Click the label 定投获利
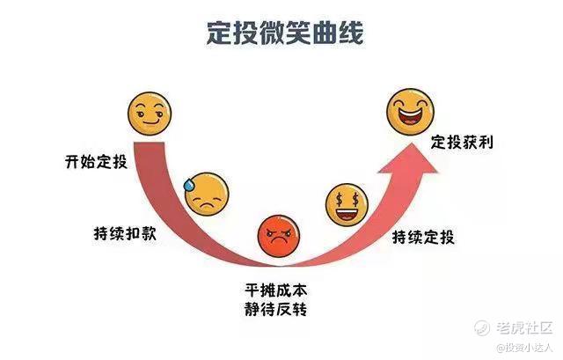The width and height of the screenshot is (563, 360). click(x=461, y=142)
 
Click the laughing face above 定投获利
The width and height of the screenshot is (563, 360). click(x=411, y=110)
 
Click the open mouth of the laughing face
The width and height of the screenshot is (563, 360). click(x=411, y=118)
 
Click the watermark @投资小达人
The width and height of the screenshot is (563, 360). click(x=523, y=349)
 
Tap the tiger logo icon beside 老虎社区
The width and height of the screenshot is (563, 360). click(x=482, y=327)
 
